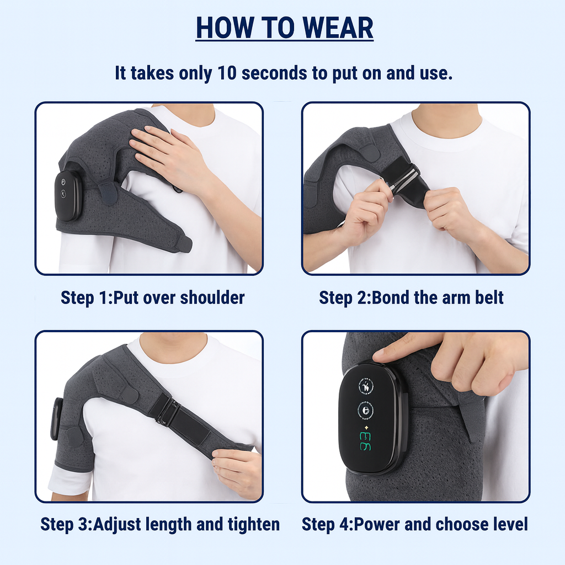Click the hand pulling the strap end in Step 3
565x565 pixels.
click(x=237, y=469)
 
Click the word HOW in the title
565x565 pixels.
click(x=220, y=28)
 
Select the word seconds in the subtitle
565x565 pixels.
click(x=276, y=73)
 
